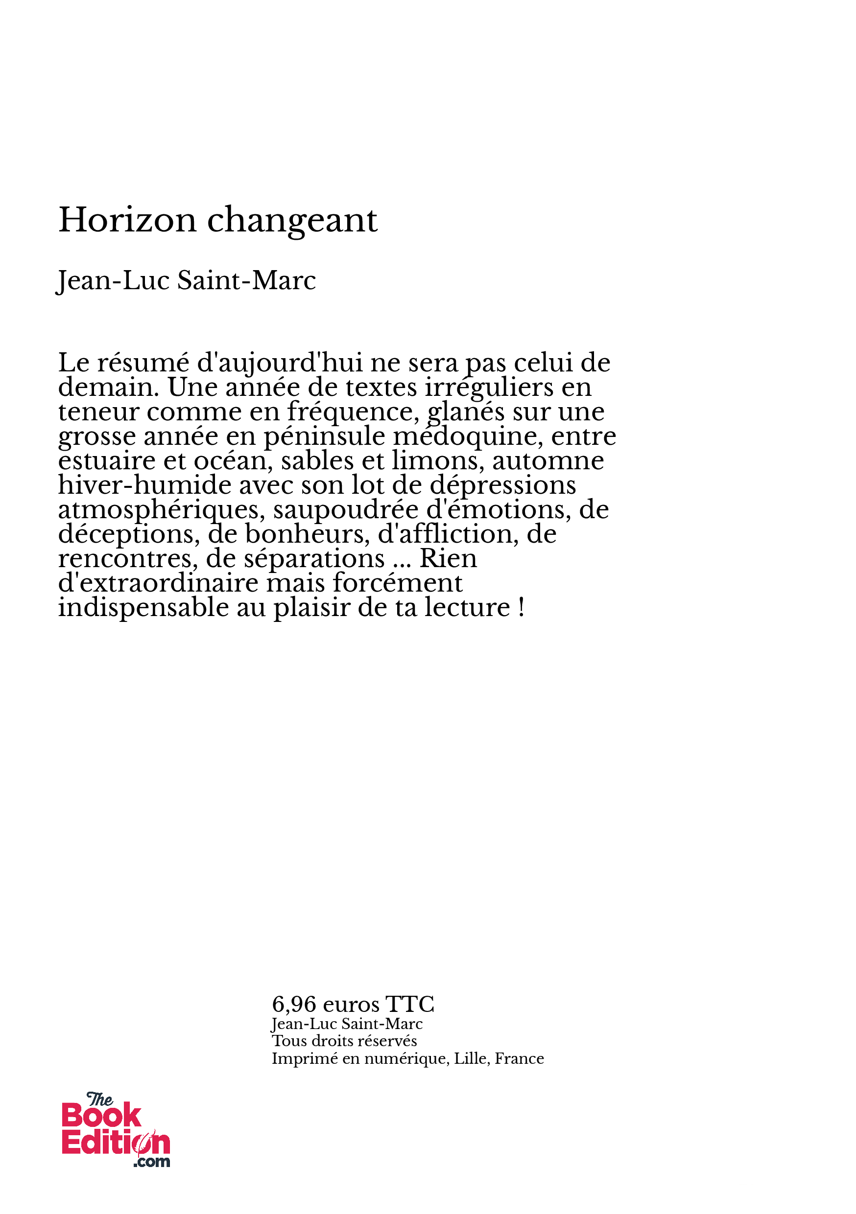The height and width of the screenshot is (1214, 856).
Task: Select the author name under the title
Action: click(186, 280)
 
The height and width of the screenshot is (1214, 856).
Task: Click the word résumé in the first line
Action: click(143, 363)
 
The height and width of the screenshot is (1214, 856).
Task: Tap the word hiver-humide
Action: click(144, 485)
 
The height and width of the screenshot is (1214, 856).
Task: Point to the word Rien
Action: click(448, 558)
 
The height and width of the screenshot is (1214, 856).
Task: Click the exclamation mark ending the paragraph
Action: click(522, 607)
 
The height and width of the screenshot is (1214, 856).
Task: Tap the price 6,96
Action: click(294, 1004)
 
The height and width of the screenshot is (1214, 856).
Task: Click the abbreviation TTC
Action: click(409, 1004)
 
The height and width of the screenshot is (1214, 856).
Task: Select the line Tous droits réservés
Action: click(344, 1041)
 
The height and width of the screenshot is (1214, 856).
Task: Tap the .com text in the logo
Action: click(152, 1162)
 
